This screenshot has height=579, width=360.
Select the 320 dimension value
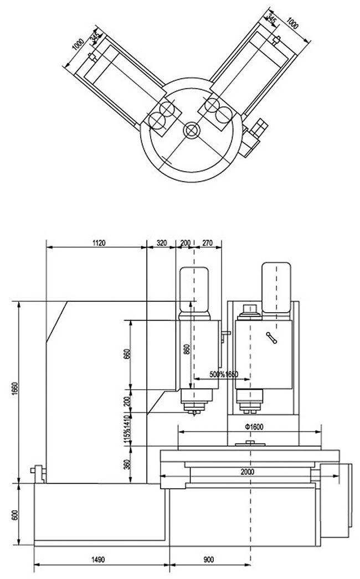click(x=161, y=242)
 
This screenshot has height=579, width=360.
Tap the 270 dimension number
click(x=208, y=242)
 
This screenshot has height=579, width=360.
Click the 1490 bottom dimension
click(x=99, y=559)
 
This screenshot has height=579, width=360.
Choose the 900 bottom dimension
click(x=208, y=559)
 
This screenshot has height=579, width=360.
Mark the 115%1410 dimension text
click(x=126, y=428)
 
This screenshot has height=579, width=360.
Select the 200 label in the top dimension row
click(x=185, y=242)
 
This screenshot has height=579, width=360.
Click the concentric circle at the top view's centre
click(x=192, y=130)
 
